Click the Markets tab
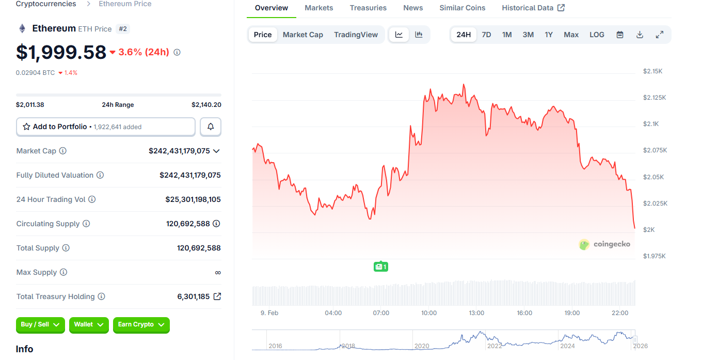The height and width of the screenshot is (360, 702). (x=318, y=8)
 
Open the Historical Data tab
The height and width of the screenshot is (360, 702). (x=533, y=8)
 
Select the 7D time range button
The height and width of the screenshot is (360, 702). (x=486, y=35)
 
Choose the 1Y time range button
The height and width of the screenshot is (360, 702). (x=549, y=35)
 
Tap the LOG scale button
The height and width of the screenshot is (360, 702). (x=597, y=35)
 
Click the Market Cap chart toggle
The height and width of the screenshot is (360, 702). (x=302, y=35)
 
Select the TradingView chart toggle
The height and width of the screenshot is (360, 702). (x=356, y=35)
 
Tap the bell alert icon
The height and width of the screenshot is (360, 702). (x=211, y=127)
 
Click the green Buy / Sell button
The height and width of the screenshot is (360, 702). (x=40, y=324)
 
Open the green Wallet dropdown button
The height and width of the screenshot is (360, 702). (x=89, y=324)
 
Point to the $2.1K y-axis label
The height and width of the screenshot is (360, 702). (x=650, y=124)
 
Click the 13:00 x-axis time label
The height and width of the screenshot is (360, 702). (x=476, y=313)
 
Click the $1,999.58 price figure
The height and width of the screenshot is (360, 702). (x=61, y=52)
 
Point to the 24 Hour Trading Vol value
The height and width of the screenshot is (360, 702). (x=193, y=199)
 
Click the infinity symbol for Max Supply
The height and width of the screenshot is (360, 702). (x=218, y=272)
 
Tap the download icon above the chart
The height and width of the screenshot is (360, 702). (x=640, y=35)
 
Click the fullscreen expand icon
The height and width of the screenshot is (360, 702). (x=659, y=35)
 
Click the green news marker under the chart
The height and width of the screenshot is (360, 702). (x=380, y=267)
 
